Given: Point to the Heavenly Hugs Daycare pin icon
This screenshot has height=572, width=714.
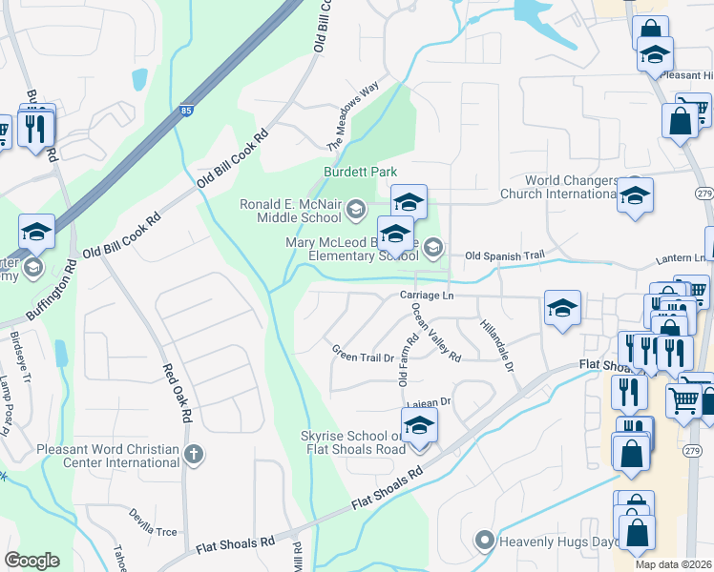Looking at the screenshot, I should tap(485, 541).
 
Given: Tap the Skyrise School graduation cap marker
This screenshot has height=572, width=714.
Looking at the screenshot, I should tap(419, 427).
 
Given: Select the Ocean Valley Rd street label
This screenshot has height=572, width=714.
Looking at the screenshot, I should tap(436, 334).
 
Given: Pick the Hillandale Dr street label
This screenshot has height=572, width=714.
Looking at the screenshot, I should tap(497, 345).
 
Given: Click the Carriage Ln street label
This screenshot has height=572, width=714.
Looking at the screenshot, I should tap(426, 296).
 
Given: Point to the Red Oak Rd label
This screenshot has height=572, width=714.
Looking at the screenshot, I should tap(178, 394).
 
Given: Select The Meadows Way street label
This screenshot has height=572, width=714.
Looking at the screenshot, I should tap(360, 112).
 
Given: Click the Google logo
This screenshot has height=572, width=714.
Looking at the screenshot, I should tap(31, 561).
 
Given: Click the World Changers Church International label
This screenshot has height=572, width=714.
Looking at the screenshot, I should tap(570, 187).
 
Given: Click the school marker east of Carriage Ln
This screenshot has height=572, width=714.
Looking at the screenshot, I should tap(562, 309).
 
